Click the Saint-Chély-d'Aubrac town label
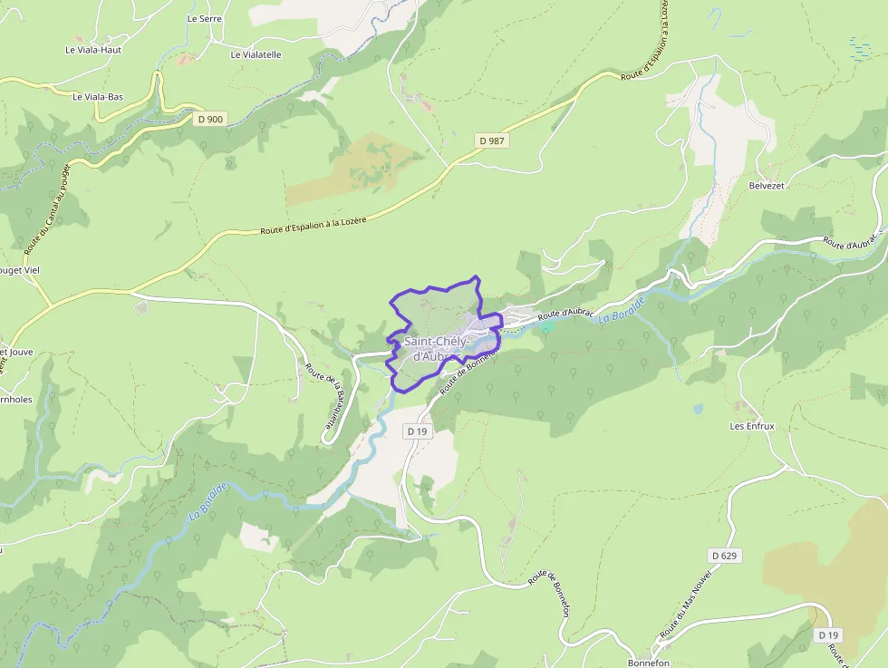[x=437, y=348]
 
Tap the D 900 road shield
[x=209, y=118]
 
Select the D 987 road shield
[x=490, y=140]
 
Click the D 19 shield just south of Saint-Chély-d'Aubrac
[x=417, y=431]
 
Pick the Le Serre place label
[x=204, y=18]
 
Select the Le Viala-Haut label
[x=93, y=50]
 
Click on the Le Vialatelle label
[x=256, y=54]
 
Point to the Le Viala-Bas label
[x=98, y=96]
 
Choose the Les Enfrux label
[x=752, y=425]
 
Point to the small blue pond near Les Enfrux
[x=698, y=409]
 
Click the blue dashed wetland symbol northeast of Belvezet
[x=858, y=47]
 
